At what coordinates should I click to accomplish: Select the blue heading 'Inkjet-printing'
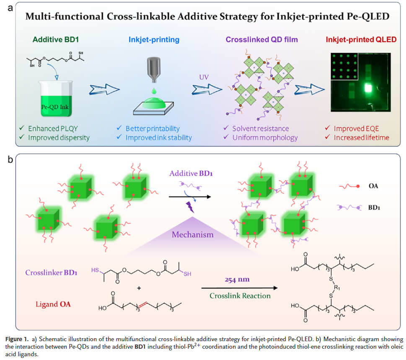point(154,40)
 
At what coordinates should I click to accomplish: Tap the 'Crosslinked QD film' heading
point(262,40)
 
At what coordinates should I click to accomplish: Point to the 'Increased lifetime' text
point(362,137)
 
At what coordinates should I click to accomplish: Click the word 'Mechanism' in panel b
point(192,234)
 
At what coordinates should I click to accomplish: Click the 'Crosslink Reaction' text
point(240,296)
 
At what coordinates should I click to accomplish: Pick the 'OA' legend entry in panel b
point(372,186)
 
